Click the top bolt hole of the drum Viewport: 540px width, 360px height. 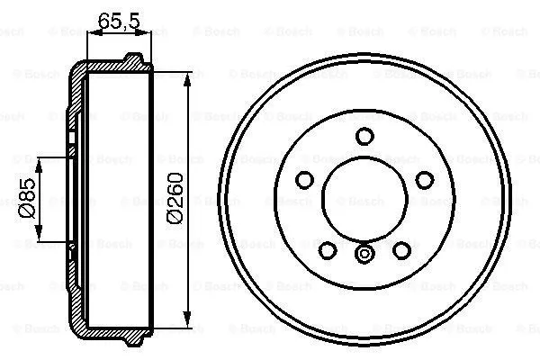tap(364, 136)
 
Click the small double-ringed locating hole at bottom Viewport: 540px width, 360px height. tap(364, 256)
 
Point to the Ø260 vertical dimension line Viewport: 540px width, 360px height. tap(187, 135)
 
